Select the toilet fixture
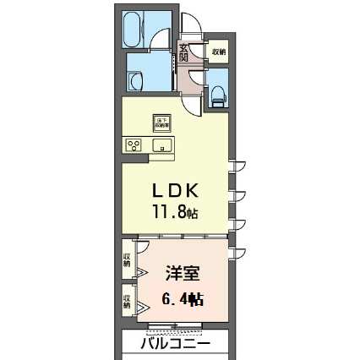tap(216, 92)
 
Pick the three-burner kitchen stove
tap(134, 145)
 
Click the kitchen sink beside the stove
tap(161, 145)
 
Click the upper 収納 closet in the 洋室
tap(127, 260)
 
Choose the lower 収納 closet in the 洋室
tap(127, 301)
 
